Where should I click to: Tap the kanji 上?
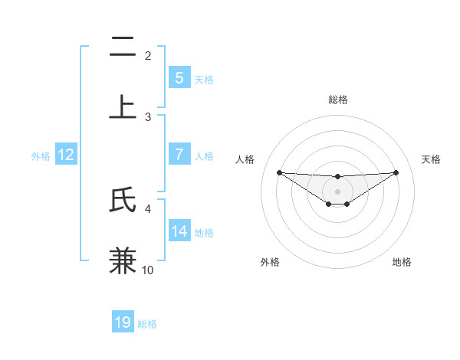123,107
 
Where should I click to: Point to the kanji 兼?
123,260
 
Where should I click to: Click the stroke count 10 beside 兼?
148,270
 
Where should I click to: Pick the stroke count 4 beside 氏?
148,208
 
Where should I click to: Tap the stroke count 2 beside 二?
148,56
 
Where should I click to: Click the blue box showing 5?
179,77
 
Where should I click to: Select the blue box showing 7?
179,155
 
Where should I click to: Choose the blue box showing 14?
179,231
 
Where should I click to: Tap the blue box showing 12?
66,155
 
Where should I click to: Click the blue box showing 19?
123,322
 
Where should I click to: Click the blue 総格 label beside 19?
147,324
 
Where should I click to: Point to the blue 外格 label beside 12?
41,155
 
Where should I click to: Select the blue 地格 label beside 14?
204,232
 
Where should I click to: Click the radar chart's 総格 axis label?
337,100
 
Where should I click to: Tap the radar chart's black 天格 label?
432,159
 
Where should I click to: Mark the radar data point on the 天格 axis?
396,172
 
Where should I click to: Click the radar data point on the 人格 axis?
279,172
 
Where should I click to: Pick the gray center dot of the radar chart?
337,191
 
